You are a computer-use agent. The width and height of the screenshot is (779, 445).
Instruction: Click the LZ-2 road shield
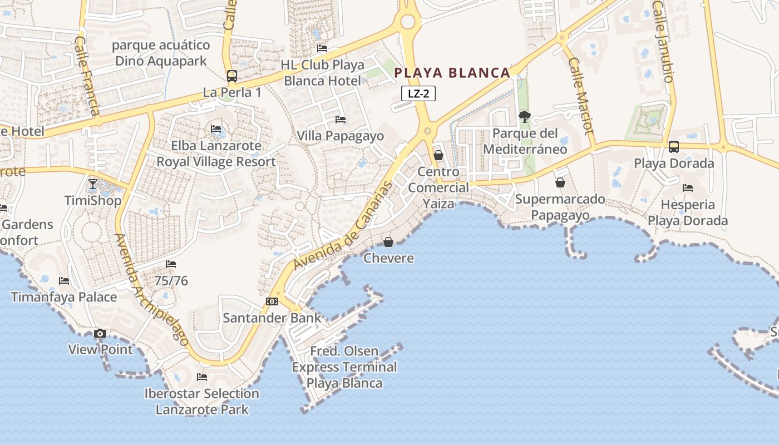418,93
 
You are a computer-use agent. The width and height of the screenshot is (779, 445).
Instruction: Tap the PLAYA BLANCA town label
452,73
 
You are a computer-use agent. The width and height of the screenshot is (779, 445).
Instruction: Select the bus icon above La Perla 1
232,76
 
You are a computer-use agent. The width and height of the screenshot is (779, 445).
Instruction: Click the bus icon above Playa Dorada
674,147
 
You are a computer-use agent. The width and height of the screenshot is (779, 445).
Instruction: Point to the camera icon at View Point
100,334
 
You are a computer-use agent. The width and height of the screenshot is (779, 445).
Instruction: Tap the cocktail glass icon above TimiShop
93,184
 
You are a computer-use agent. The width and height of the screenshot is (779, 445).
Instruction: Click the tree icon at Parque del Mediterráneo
524,117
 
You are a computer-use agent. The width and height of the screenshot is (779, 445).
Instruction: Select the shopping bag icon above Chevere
388,242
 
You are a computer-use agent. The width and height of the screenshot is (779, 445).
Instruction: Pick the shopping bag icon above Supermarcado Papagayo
560,182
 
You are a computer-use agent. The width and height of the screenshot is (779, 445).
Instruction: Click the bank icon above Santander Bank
272,301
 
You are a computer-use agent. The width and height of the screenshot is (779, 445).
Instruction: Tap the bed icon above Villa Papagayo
341,120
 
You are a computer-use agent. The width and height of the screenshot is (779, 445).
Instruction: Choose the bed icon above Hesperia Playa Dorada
688,188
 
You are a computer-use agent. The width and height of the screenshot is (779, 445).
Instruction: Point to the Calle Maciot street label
581,95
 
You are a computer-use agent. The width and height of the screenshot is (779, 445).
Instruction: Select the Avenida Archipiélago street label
151,289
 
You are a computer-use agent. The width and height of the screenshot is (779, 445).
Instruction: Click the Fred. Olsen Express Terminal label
344,367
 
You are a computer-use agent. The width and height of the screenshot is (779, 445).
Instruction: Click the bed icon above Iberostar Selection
202,377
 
